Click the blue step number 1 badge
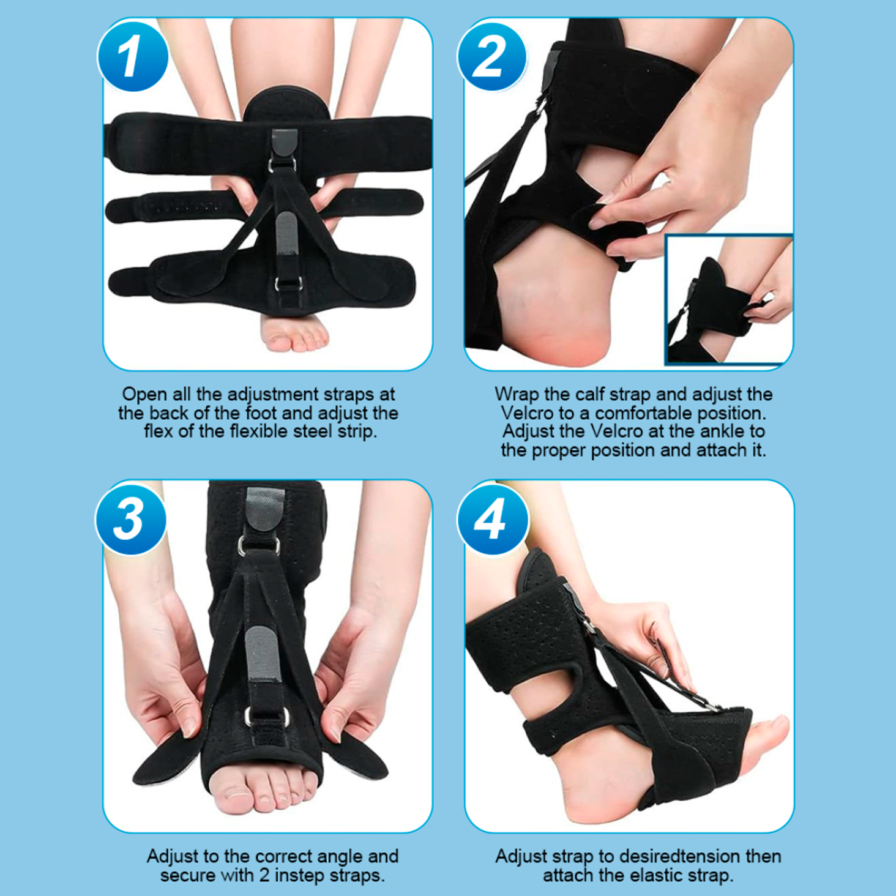(133, 56)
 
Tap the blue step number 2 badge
(492, 56)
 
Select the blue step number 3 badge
(131, 519)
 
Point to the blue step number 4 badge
(492, 519)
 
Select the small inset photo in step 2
(728, 300)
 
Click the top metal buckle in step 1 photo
(282, 164)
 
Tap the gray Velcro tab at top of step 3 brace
(265, 509)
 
